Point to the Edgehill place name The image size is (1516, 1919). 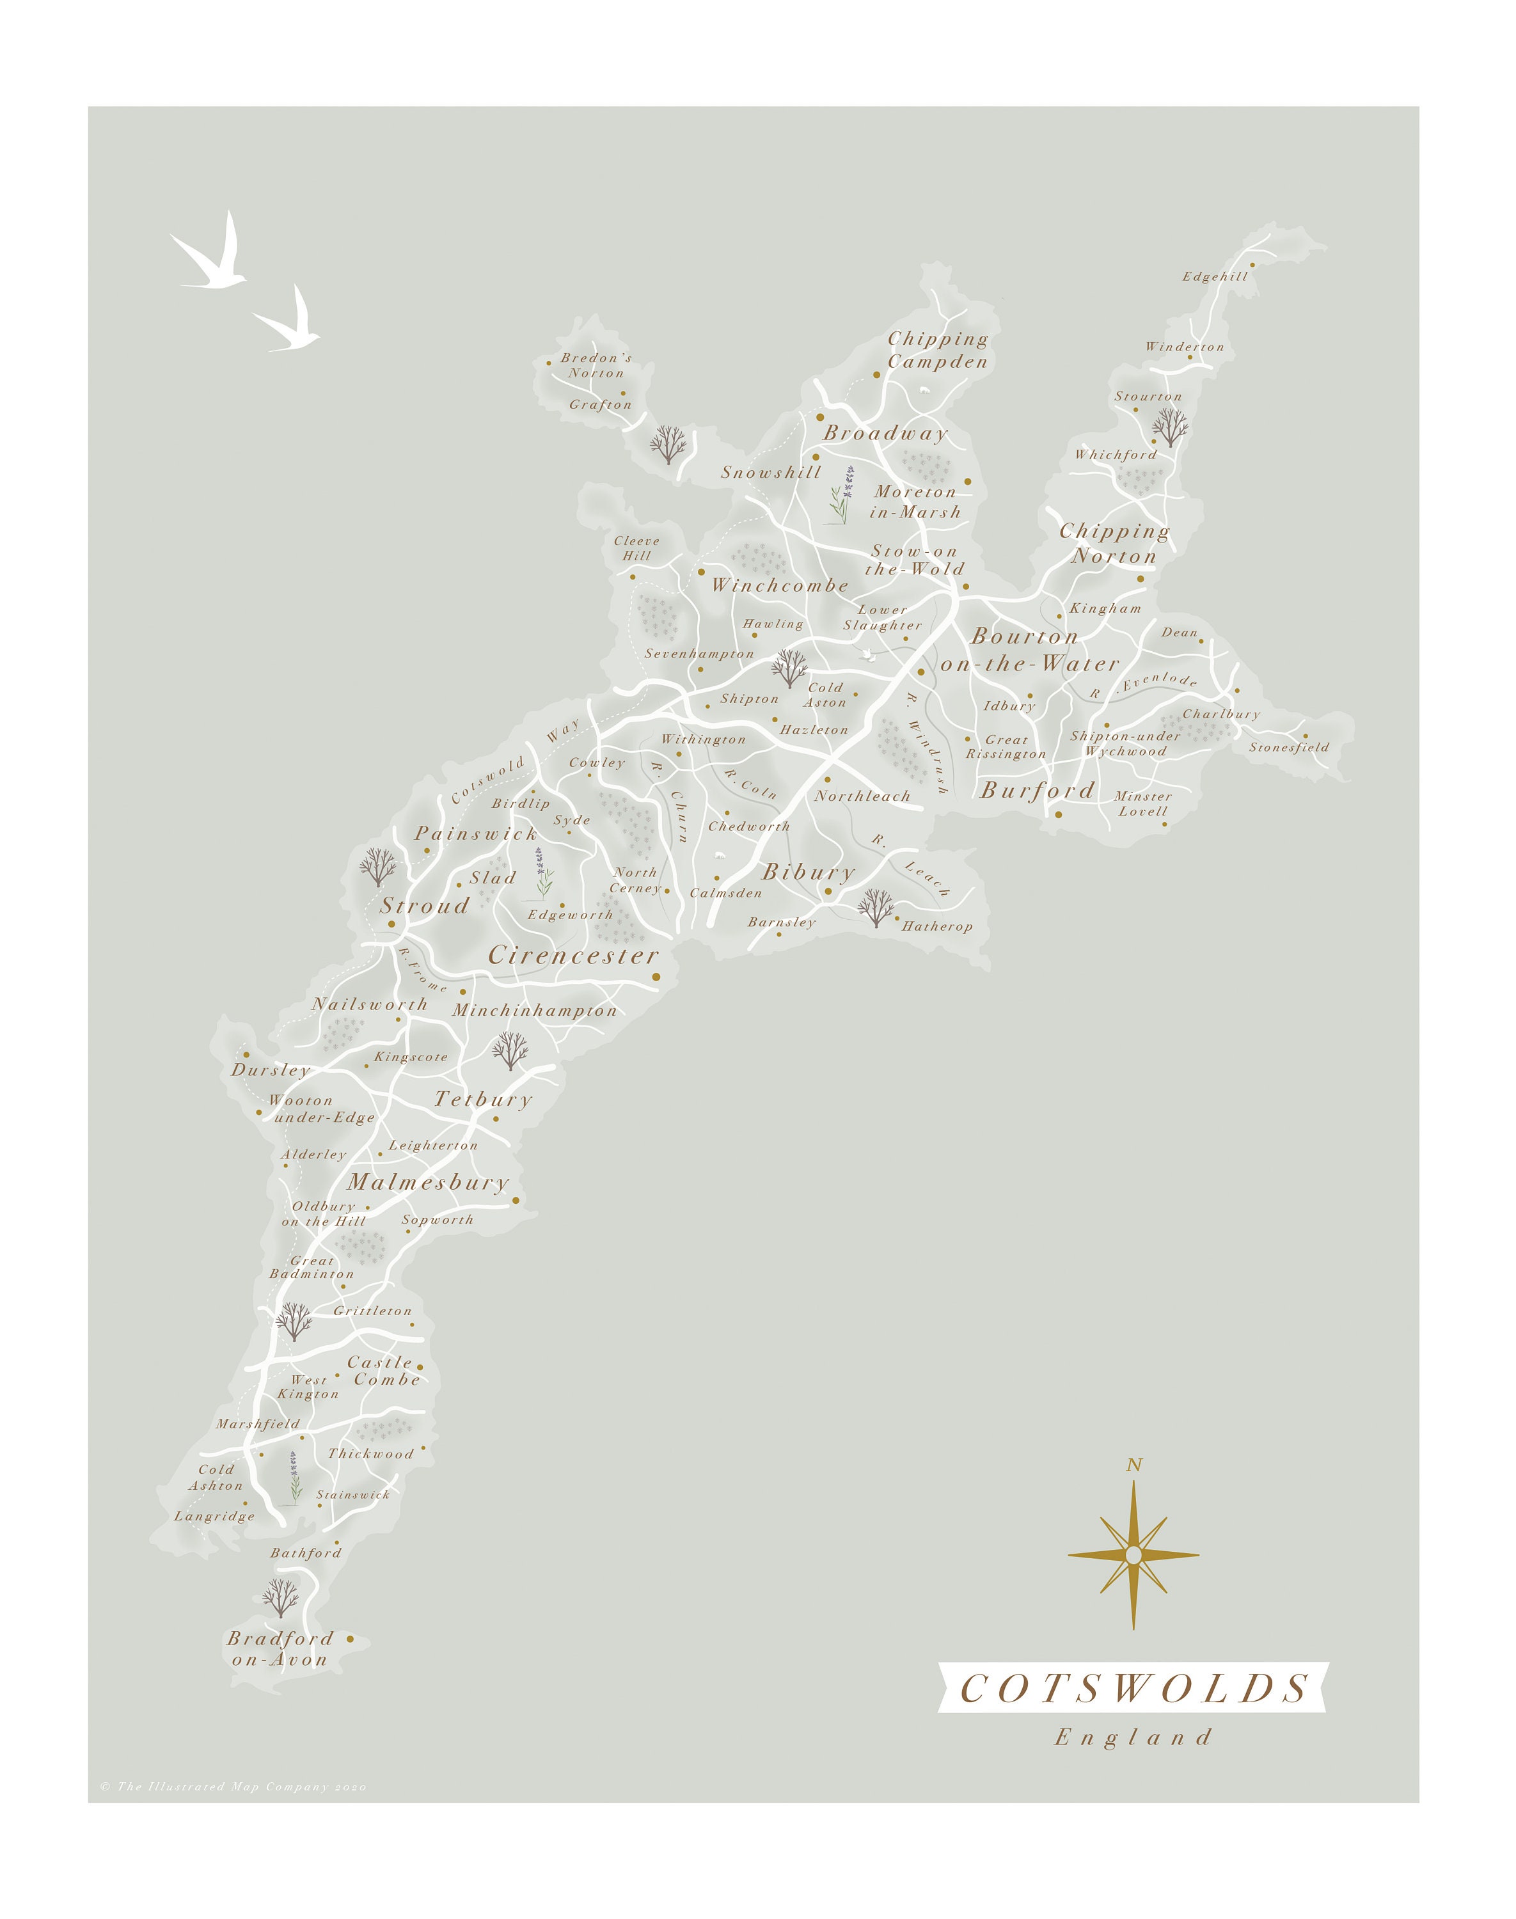pos(1214,276)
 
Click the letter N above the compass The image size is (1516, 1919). pos(1133,1465)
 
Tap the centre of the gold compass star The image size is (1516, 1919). pos(1133,1555)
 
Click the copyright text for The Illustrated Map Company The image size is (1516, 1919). pos(233,1787)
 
